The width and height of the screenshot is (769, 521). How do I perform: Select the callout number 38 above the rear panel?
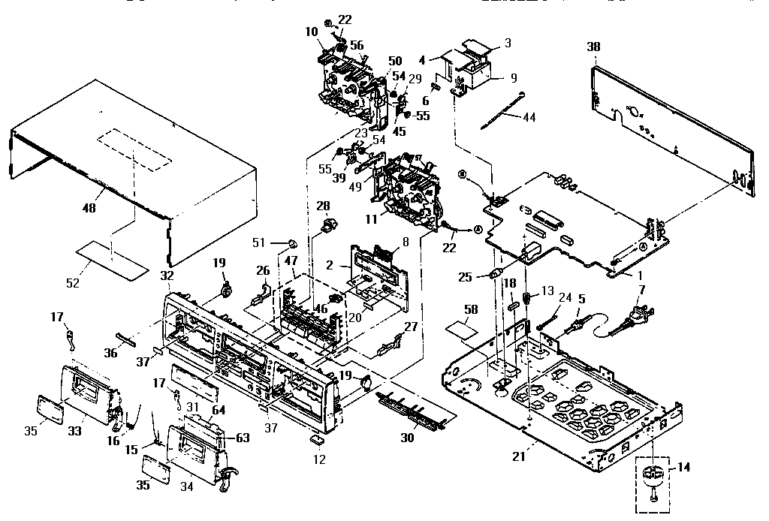coord(594,47)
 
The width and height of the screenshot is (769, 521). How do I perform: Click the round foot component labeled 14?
coord(653,475)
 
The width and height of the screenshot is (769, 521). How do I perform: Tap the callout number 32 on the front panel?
coord(167,276)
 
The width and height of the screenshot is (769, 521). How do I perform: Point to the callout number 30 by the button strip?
coord(408,438)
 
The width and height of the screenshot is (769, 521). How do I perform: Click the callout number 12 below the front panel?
coord(320,459)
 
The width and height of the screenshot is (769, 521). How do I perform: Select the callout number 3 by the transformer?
coord(508,43)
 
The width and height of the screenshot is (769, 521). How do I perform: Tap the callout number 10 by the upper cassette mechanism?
coord(311,32)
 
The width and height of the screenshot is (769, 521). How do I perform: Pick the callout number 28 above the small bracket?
coord(323,206)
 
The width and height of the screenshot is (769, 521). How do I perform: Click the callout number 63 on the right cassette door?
coord(243,437)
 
